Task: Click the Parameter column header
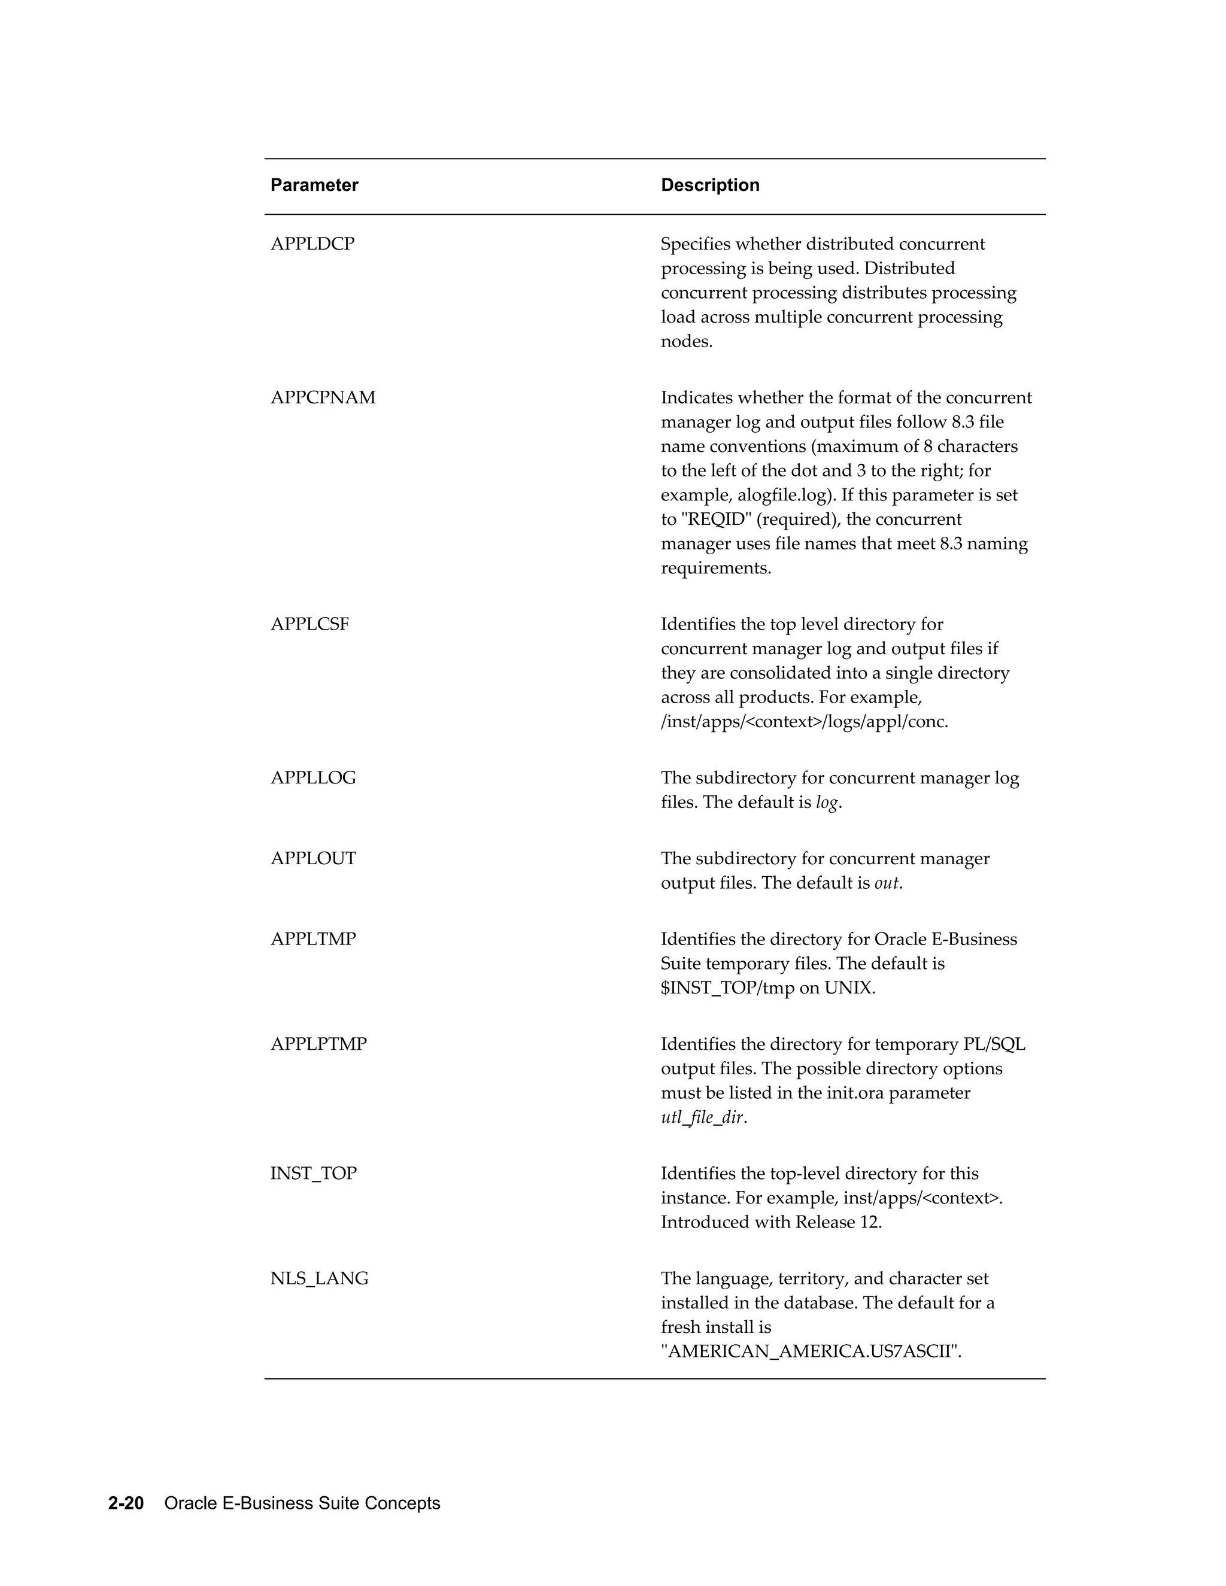tap(314, 185)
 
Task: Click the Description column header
tap(709, 185)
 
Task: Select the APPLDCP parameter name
tap(312, 244)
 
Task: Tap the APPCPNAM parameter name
tap(323, 398)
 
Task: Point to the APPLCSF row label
tap(309, 624)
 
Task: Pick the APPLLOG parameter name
tap(313, 779)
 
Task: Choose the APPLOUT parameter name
tap(313, 859)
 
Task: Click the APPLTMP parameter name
tap(313, 940)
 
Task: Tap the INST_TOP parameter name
tap(313, 1174)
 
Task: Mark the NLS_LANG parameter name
tap(319, 1278)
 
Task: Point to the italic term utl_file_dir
tap(702, 1117)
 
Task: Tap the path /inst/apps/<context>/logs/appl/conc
tap(804, 722)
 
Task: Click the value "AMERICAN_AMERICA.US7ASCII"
tap(811, 1351)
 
